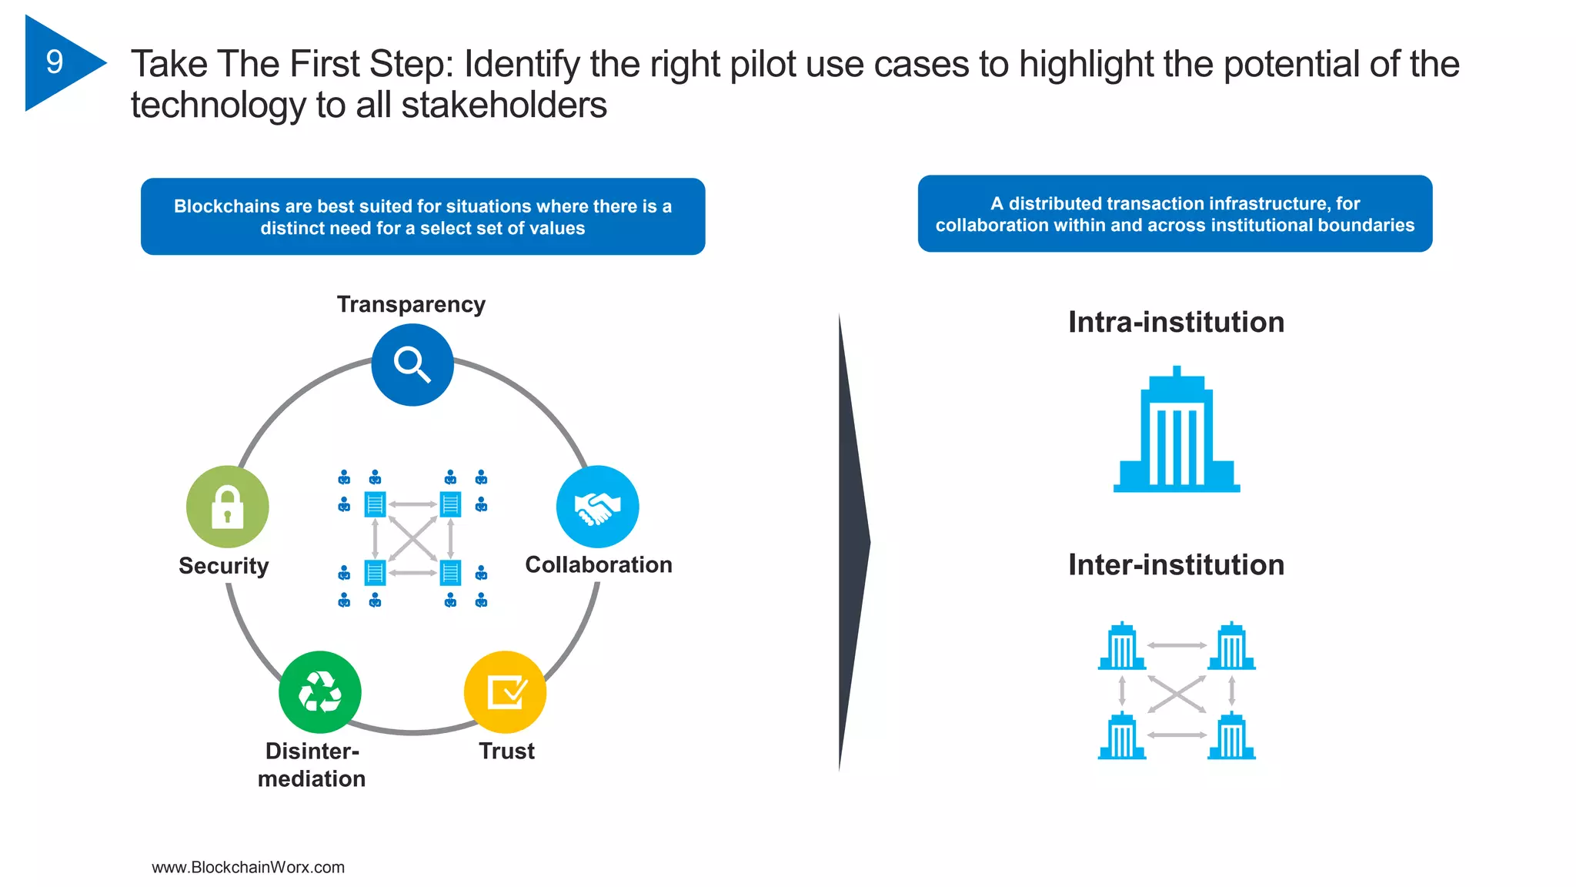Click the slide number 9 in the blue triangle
(x=55, y=62)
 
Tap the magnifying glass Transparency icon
(x=412, y=364)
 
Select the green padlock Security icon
(x=227, y=507)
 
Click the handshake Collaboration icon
(x=597, y=507)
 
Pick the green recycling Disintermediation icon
(x=320, y=691)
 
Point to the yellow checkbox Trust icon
(x=506, y=691)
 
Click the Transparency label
(x=411, y=304)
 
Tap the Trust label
(x=506, y=751)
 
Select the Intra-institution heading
(x=1176, y=322)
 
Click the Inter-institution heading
(x=1176, y=564)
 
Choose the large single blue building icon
(x=1177, y=431)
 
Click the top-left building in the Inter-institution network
(x=1122, y=646)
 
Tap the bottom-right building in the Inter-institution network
(x=1231, y=736)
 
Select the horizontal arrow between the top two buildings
(x=1177, y=645)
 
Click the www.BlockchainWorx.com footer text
(x=248, y=867)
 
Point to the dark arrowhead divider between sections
(x=853, y=541)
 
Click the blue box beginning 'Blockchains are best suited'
(x=422, y=216)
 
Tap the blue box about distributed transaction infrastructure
(x=1174, y=214)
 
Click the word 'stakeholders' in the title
(x=504, y=105)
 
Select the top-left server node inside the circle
(x=375, y=504)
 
